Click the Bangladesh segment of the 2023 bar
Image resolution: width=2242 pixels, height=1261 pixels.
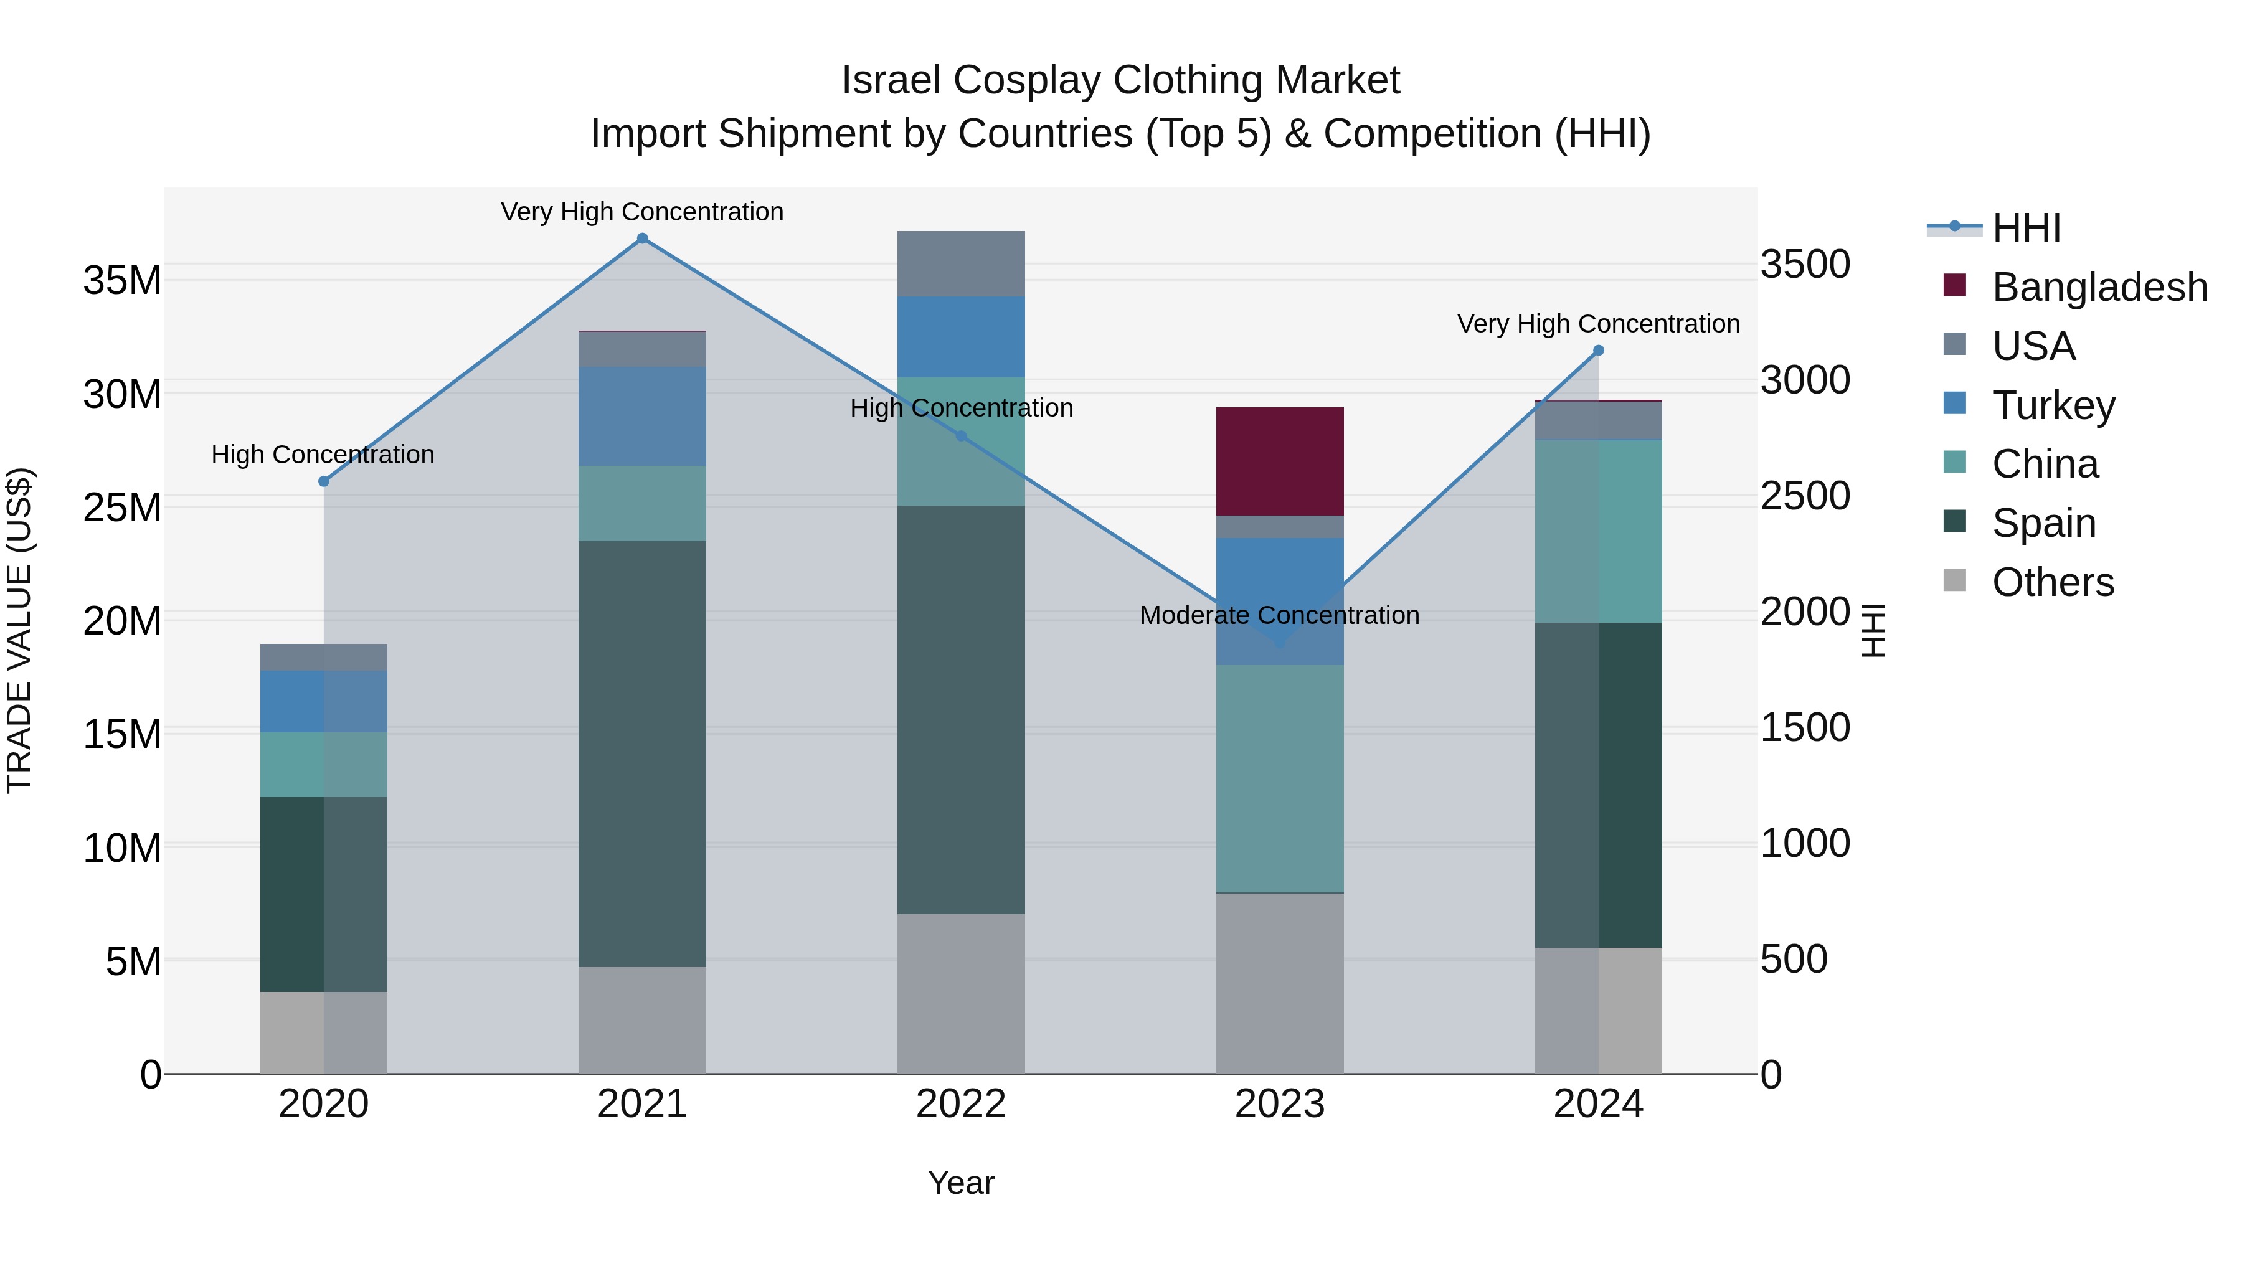1279,461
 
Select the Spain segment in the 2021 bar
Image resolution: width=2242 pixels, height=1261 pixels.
642,753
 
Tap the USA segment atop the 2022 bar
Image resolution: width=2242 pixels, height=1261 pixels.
961,263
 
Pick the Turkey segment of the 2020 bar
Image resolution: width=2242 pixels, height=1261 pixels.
324,701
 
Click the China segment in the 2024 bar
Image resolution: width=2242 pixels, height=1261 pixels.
1598,531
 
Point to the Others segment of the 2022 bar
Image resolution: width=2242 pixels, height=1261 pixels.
961,993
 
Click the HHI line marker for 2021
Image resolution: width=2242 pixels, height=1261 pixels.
642,239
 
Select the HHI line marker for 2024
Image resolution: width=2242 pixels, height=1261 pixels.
1598,351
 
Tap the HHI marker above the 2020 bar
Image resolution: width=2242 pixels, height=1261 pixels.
324,481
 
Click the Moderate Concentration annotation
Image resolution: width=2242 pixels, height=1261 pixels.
1279,615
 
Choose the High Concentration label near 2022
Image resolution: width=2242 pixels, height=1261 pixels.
961,408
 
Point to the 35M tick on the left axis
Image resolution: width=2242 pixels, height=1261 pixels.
122,280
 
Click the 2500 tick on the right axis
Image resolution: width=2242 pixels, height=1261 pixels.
1805,496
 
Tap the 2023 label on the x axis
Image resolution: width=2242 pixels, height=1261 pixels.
1279,1104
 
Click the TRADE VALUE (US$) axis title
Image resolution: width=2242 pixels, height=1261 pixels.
19,630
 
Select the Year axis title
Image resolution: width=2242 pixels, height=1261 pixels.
961,1183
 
